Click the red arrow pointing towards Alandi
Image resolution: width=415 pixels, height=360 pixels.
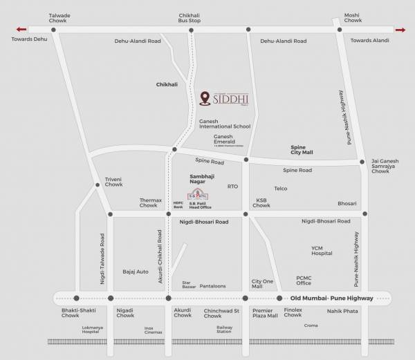[x=399, y=30]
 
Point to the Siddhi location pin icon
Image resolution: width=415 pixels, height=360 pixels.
[x=205, y=99]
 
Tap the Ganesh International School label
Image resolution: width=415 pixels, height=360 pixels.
[x=225, y=124]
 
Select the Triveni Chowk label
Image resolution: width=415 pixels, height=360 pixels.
[x=113, y=182]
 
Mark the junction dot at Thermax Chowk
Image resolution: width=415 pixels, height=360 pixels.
[x=168, y=214]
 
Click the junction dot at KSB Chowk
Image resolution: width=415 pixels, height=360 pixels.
[x=246, y=214]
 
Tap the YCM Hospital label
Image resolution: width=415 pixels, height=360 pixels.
[x=322, y=251]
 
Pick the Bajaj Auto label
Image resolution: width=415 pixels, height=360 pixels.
[x=136, y=272]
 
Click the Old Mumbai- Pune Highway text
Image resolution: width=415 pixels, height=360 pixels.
[x=332, y=299]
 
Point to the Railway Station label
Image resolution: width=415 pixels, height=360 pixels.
[x=224, y=330]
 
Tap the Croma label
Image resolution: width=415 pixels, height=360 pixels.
[x=311, y=325]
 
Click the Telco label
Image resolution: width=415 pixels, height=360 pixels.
[x=280, y=188]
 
